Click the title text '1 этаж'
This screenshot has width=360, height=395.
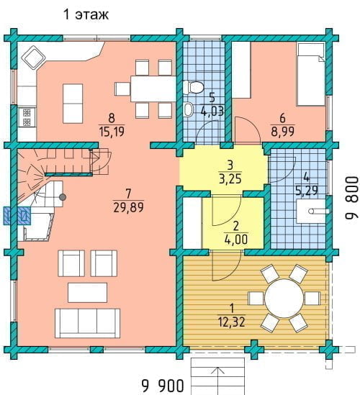click(x=86, y=14)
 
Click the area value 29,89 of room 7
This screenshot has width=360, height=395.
click(x=129, y=208)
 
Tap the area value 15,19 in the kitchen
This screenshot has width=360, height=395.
click(x=112, y=132)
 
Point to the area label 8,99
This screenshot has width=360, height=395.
click(x=283, y=131)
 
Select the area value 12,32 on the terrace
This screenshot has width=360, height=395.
click(x=232, y=322)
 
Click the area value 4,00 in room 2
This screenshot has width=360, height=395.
click(x=236, y=240)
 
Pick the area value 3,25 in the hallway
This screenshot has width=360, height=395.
click(x=230, y=178)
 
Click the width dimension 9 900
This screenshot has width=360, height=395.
click(x=163, y=385)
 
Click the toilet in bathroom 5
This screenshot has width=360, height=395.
click(x=193, y=87)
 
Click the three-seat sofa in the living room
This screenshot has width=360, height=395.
click(x=87, y=323)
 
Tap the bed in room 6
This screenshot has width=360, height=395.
click(x=311, y=74)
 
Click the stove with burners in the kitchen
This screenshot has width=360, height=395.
click(x=27, y=117)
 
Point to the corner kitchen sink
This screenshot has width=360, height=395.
click(x=34, y=58)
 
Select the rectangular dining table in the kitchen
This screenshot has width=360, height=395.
click(x=153, y=89)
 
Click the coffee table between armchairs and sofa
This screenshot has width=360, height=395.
click(x=87, y=292)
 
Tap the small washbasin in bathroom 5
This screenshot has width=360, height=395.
click(x=188, y=109)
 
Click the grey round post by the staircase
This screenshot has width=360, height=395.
click(x=63, y=197)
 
